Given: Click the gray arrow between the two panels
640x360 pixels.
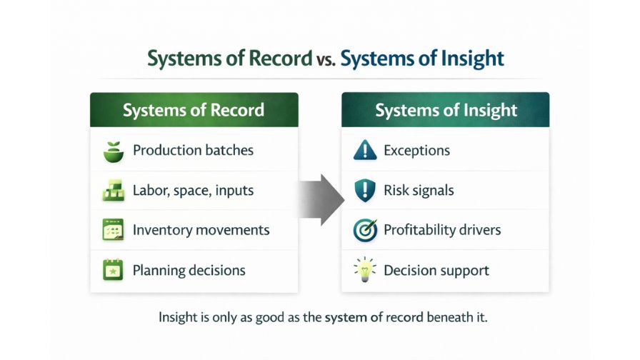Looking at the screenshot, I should point(320,200).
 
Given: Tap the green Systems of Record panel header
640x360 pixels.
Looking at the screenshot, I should point(194,111).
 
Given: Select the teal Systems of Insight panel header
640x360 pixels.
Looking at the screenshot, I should point(446,111).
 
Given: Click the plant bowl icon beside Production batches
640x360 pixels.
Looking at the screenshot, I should point(113,151).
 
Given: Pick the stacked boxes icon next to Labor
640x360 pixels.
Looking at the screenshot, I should point(113,191).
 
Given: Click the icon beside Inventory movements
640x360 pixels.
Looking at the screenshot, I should point(113,230).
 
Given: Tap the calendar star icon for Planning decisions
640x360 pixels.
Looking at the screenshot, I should point(113,270).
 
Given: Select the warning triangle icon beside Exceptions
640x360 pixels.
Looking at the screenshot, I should point(364,151).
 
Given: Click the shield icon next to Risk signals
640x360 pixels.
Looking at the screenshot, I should point(364,191).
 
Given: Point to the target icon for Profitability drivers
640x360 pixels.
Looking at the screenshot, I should point(364,230).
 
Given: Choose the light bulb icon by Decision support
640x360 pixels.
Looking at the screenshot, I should point(364,270).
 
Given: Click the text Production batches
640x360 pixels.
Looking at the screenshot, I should point(193,151).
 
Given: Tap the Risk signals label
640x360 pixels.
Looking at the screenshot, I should point(419,191).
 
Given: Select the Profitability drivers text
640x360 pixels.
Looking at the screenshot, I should point(442,230).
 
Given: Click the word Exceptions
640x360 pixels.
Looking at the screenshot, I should point(416,151).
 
